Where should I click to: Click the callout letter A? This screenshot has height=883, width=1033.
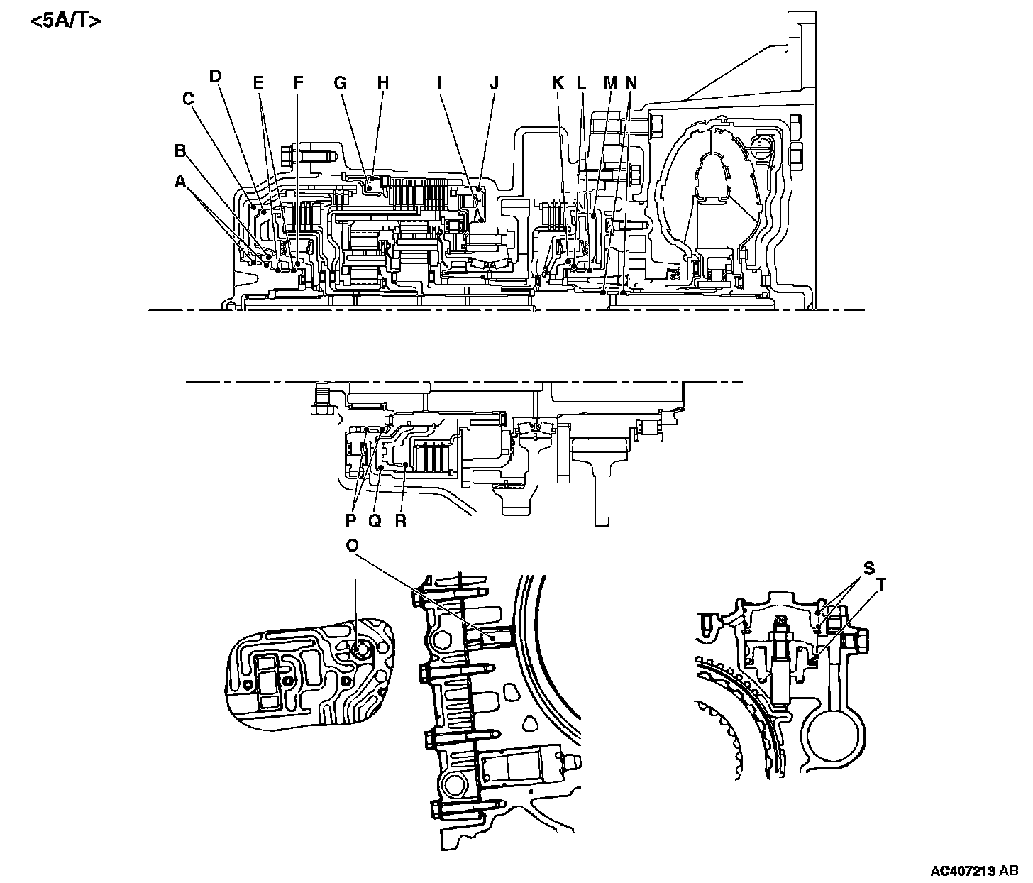(x=180, y=182)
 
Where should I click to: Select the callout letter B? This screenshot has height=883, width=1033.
(x=180, y=150)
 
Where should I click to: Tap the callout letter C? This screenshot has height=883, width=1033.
(x=188, y=99)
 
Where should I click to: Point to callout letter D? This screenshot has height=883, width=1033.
(x=216, y=76)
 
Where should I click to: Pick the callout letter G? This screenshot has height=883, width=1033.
(x=340, y=83)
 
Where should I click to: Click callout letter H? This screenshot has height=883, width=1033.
(x=383, y=83)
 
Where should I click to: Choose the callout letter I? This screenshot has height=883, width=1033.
(x=440, y=83)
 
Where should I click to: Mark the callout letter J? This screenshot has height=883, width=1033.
(x=494, y=83)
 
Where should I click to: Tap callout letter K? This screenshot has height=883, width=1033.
(x=558, y=83)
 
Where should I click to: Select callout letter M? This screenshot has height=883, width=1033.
(x=609, y=83)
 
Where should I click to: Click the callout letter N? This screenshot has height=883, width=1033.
(x=631, y=83)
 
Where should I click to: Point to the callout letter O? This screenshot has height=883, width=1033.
(x=352, y=545)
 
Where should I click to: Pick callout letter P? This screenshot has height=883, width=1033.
(x=350, y=520)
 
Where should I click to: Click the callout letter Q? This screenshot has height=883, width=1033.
(x=375, y=520)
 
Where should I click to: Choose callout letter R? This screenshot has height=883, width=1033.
(x=401, y=520)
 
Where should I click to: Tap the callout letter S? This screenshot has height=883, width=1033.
(x=868, y=569)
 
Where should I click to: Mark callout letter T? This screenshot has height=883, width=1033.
(x=882, y=585)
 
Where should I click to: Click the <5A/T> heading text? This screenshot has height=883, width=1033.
(x=65, y=21)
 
